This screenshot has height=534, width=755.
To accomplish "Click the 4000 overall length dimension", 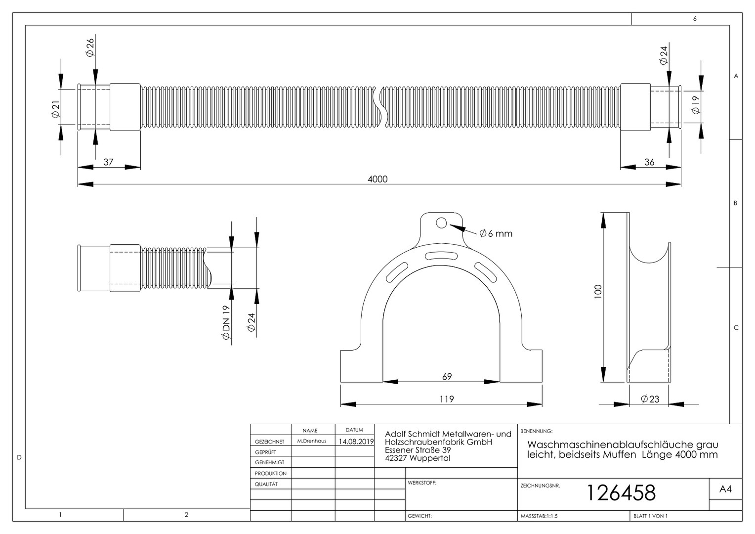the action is pos(377,179).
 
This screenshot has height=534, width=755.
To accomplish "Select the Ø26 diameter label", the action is pos(90,48).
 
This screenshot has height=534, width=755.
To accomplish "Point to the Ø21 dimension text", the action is pos(56,110).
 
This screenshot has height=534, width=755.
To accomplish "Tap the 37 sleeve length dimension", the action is pos(108,162).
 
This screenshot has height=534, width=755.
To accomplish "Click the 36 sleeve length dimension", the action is pos(649,162).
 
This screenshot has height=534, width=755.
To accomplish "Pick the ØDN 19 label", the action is pos(226,322).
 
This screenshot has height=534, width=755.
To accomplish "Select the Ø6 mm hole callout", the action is pos(496,233).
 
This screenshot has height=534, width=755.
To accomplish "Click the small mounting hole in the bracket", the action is pos(441,223).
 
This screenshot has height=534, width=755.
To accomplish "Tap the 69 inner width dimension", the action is pos(447,376).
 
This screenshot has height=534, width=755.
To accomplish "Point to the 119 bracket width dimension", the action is pos(447,399).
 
